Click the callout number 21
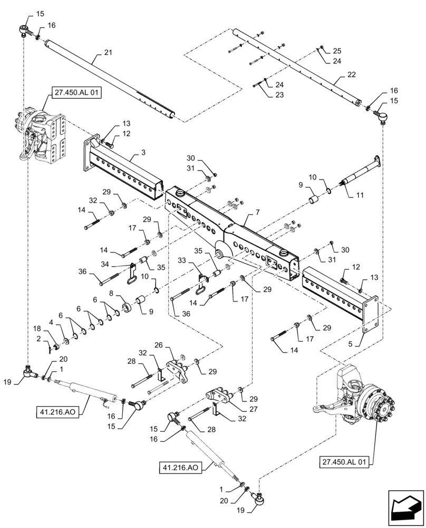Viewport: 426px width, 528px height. (108, 53)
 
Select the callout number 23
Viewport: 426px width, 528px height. (279, 95)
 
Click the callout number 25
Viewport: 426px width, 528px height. (337, 51)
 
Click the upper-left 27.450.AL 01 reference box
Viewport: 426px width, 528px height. (77, 95)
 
